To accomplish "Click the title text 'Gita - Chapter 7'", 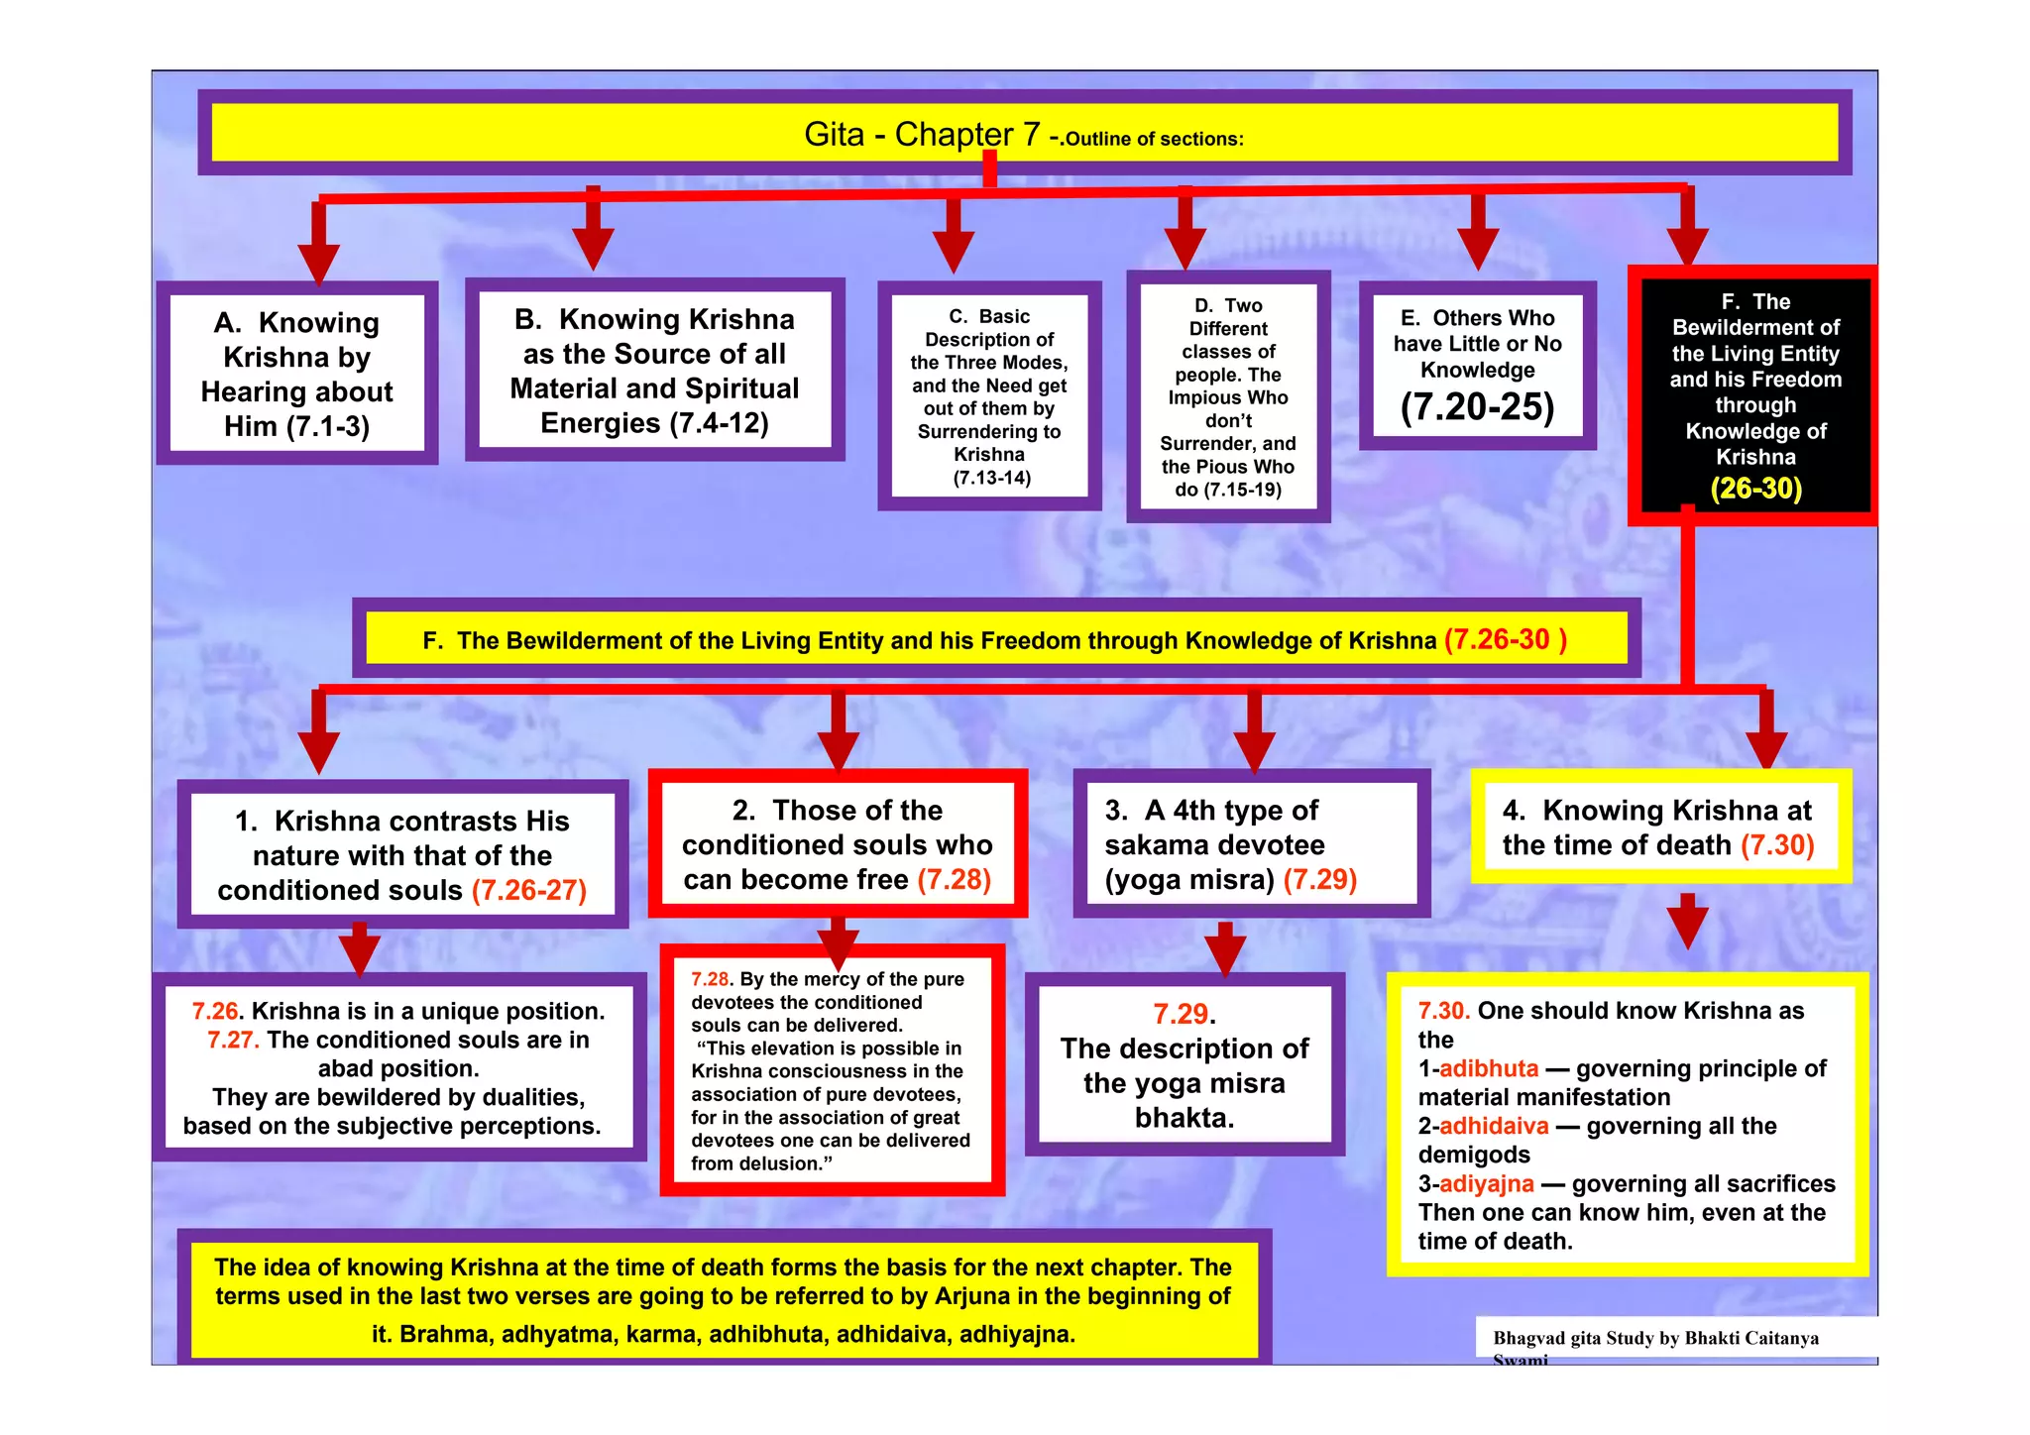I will coord(922,134).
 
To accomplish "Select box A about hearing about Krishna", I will coord(296,374).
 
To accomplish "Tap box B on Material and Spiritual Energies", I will coord(654,371).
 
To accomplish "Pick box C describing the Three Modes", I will coord(989,396).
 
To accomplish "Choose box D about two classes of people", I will coord(1228,396).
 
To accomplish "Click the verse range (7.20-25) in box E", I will coord(1477,406).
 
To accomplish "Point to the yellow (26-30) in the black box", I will coord(1755,488).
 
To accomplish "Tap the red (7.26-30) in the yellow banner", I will coord(1505,639).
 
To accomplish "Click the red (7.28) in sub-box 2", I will coord(954,879).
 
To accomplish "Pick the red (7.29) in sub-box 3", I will coord(1319,879).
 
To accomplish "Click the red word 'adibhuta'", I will coord(1488,1068).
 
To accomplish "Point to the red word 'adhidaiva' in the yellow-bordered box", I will coord(1493,1126).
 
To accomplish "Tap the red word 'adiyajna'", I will coord(1486,1183).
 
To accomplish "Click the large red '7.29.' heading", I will coord(1184,1014).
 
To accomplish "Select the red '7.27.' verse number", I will coord(233,1040).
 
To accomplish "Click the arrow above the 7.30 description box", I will coord(1687,922).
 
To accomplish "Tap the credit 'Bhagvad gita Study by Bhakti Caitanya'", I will coord(1655,1338).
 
